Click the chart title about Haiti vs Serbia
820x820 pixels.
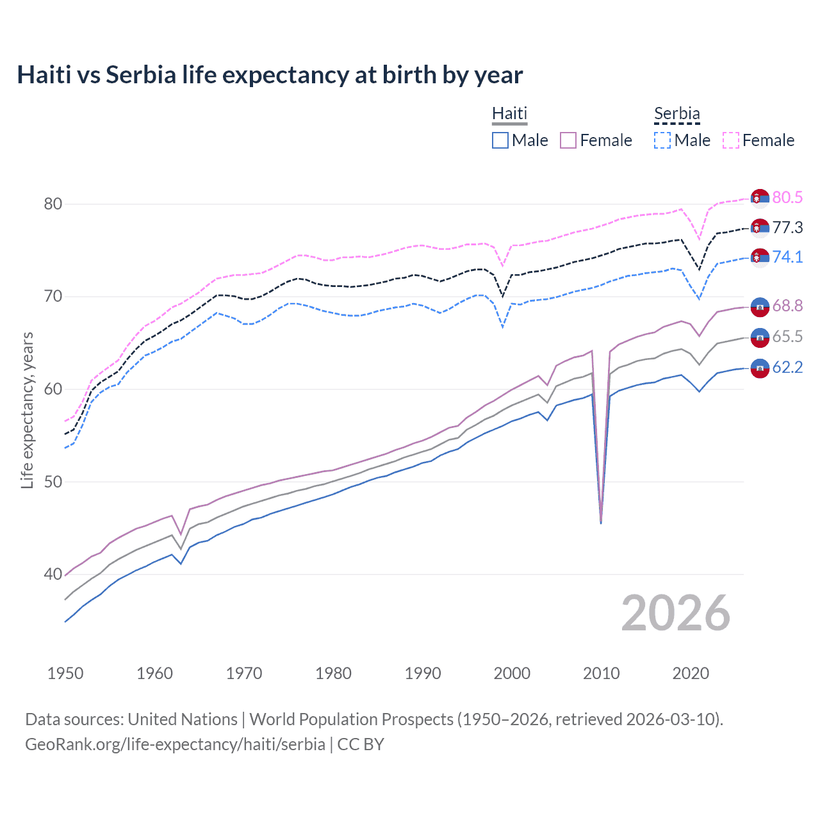[270, 75]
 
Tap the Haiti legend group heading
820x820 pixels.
[509, 113]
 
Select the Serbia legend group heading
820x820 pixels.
[676, 113]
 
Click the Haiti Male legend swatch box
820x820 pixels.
[500, 140]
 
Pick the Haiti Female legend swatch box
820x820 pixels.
[568, 140]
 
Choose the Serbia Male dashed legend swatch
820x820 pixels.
[662, 140]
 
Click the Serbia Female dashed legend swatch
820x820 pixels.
[731, 140]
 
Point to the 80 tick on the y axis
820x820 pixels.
[53, 204]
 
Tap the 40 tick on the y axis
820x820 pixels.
[53, 575]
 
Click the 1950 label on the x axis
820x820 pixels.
[65, 673]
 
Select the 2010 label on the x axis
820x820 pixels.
[601, 673]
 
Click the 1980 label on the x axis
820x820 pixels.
[333, 673]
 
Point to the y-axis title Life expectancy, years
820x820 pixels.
[27, 410]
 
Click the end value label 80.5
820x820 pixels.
[787, 197]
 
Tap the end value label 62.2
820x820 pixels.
[787, 368]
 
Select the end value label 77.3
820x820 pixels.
[787, 227]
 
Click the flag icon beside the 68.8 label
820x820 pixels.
[760, 307]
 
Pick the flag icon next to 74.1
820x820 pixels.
[760, 258]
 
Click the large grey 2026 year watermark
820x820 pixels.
[675, 614]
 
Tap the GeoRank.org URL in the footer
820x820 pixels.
[175, 744]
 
